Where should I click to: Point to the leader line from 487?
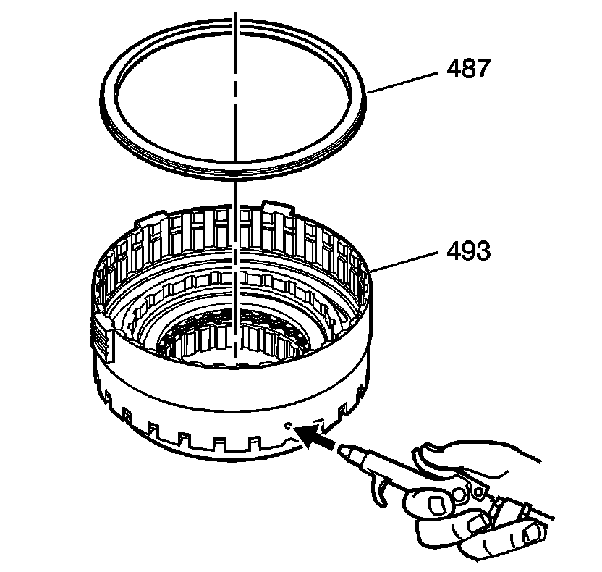tap(406, 80)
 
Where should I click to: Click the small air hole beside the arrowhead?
tap(289, 426)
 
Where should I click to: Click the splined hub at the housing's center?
tap(235, 336)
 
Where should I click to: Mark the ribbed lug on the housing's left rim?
tap(103, 337)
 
